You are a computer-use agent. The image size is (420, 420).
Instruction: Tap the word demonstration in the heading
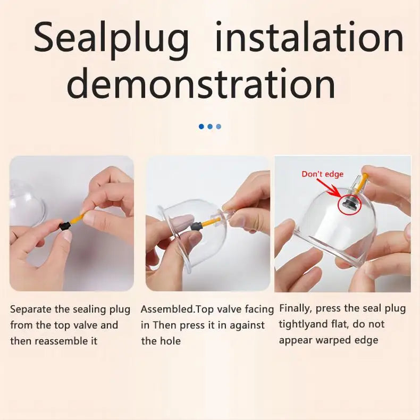[x=201, y=83]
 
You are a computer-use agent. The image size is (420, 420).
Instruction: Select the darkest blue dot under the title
[x=201, y=127]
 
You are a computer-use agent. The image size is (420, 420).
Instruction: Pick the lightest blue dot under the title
[x=219, y=127]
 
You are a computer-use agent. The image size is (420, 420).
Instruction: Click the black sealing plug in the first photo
[x=64, y=226]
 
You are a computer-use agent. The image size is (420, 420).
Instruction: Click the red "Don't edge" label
[x=323, y=174]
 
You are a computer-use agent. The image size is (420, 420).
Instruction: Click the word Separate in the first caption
[x=31, y=310]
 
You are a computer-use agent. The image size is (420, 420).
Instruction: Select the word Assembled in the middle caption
[x=167, y=309]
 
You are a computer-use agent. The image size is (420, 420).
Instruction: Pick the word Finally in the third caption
[x=296, y=309]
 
